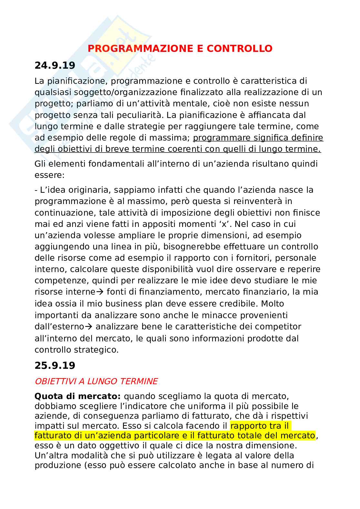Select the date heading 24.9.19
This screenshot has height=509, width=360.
[55, 65]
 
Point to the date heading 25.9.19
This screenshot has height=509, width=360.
[55, 365]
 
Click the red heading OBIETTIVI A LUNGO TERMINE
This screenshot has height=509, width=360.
[96, 381]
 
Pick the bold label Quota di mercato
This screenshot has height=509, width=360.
[77, 396]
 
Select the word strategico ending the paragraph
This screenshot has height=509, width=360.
[96, 349]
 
